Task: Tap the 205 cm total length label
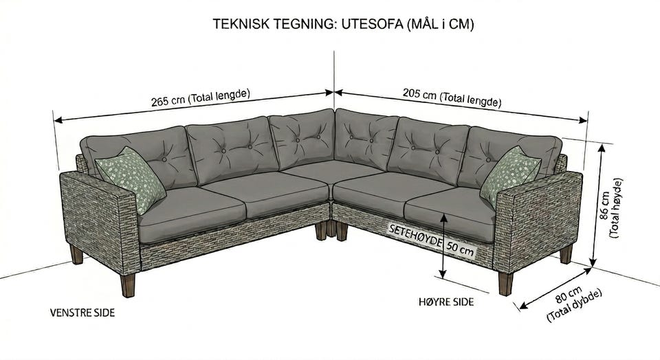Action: tap(452, 98)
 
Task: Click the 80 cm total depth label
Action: tap(573, 303)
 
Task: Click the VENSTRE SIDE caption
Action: tap(82, 313)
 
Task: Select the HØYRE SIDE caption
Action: tap(446, 302)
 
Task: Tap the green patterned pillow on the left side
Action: tap(131, 179)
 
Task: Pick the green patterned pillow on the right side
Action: tap(509, 177)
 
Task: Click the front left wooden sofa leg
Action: tap(128, 285)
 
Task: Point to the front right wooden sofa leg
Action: tap(505, 284)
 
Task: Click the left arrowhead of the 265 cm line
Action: tap(58, 120)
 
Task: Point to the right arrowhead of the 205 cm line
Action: tap(584, 120)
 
